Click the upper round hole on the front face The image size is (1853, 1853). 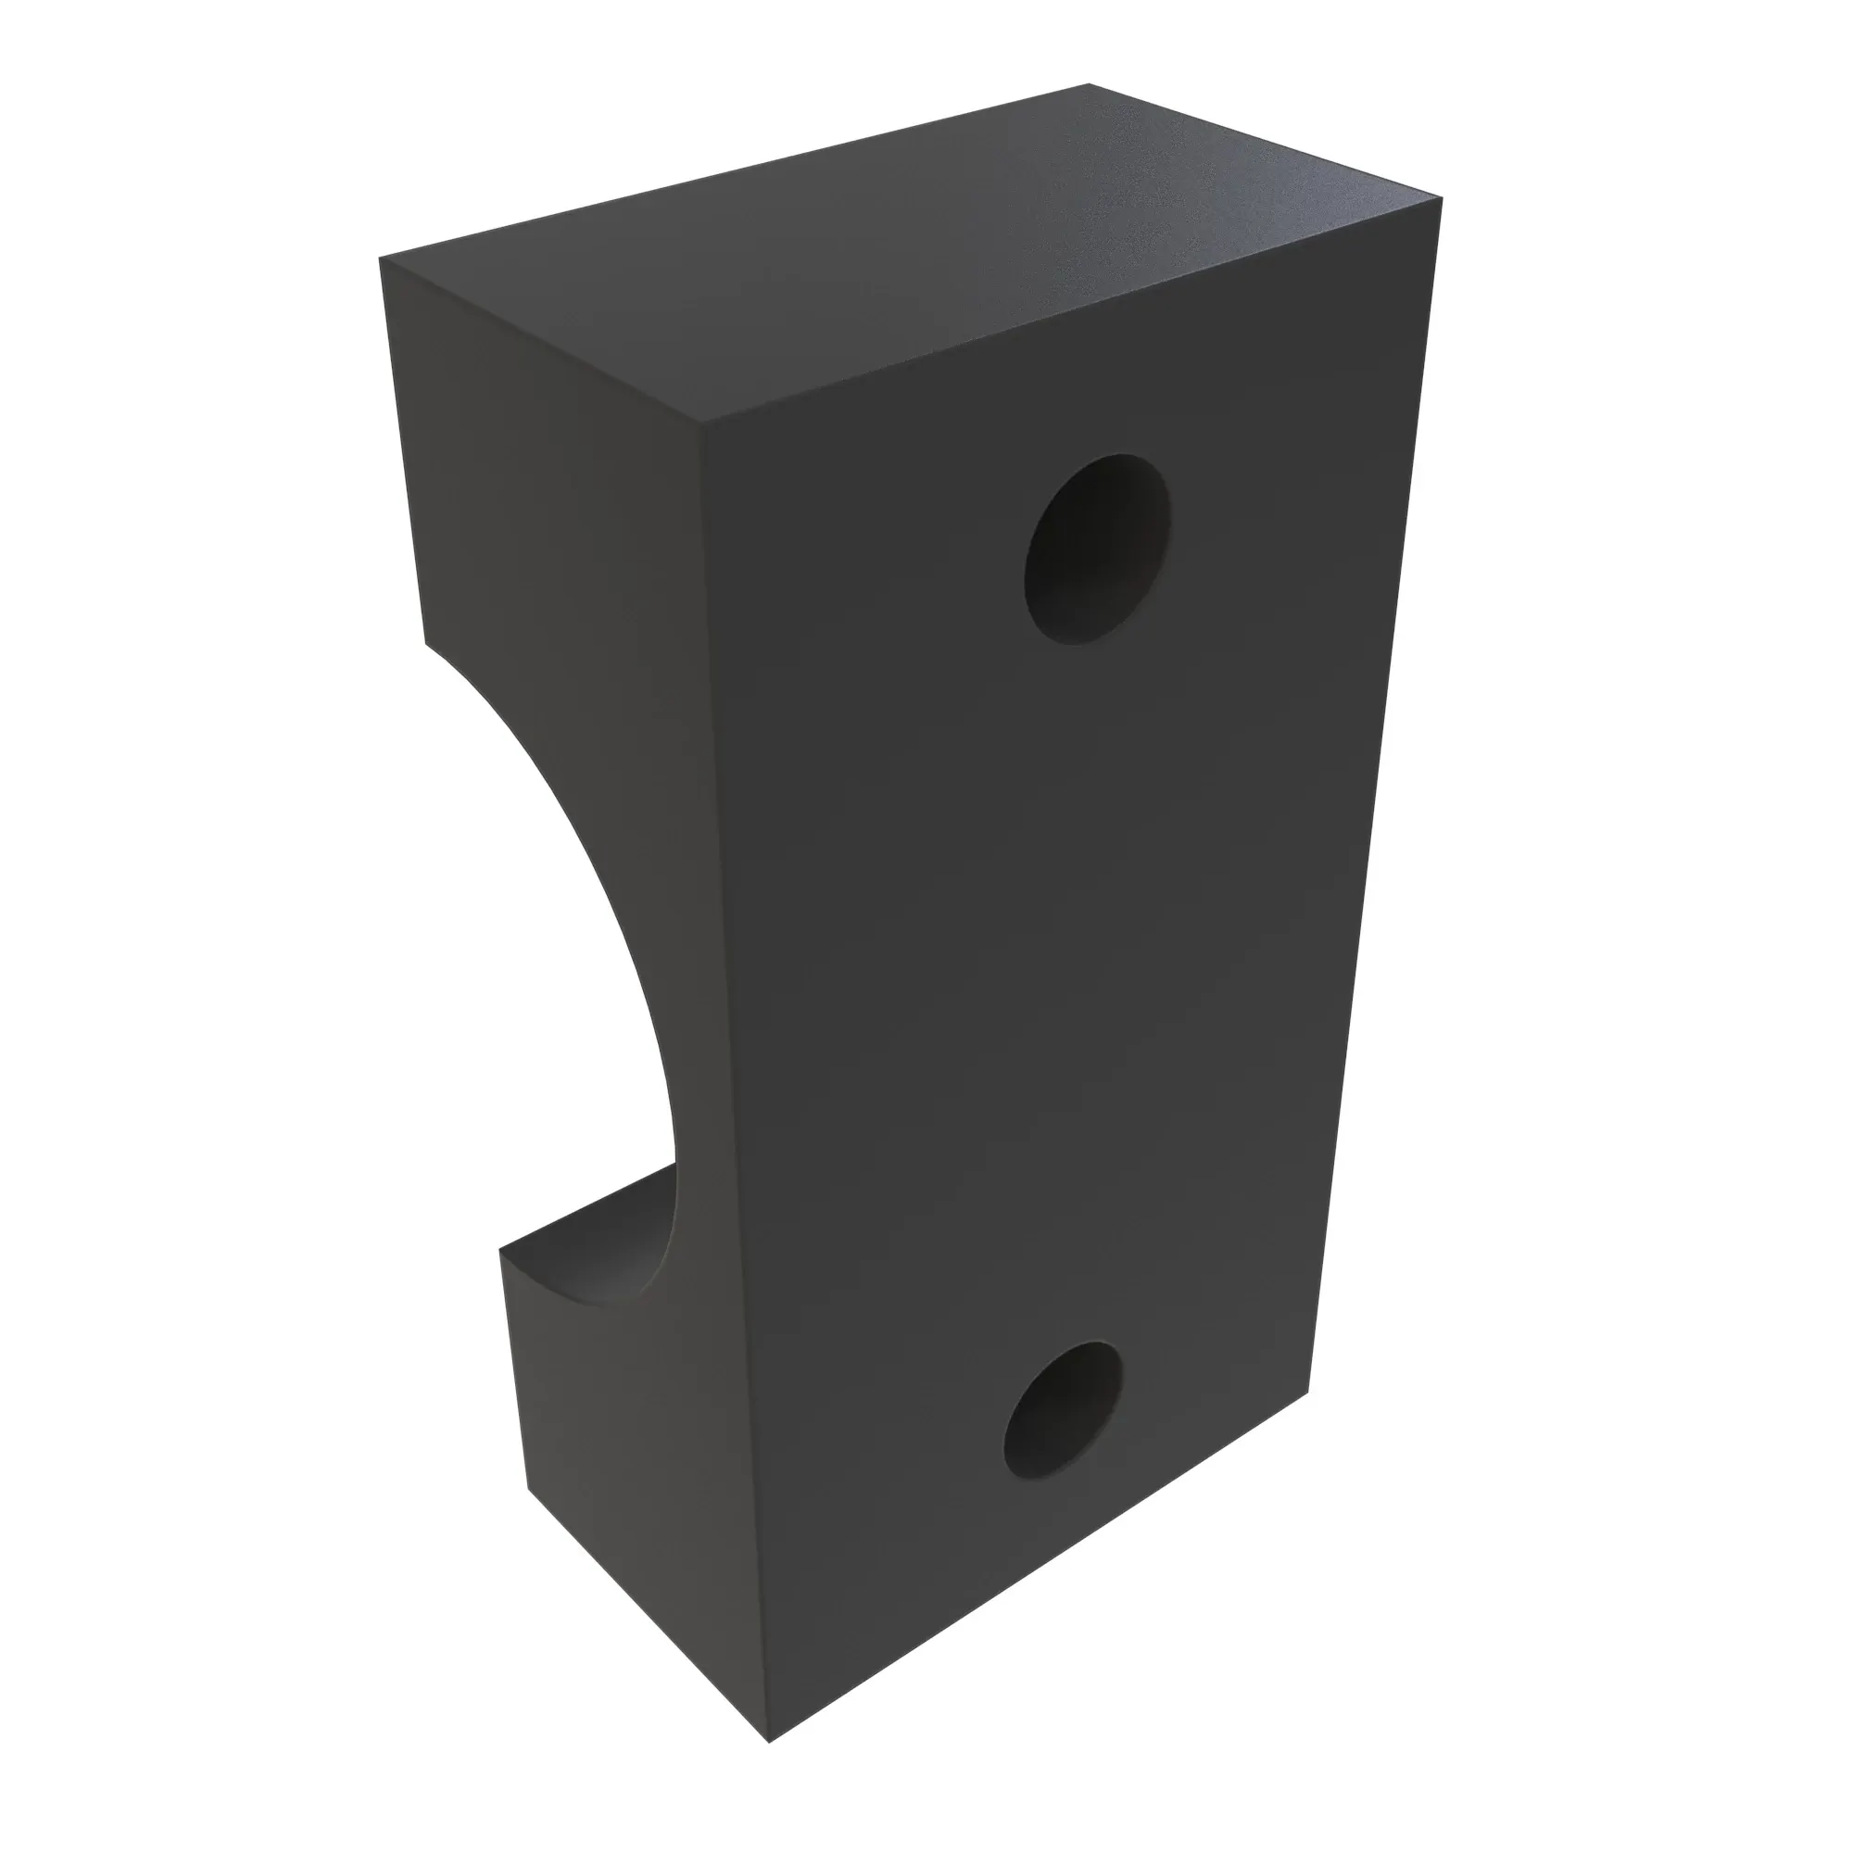click(x=1096, y=548)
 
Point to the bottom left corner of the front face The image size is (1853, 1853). click(x=770, y=1796)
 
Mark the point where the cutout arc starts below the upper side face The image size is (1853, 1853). click(x=426, y=643)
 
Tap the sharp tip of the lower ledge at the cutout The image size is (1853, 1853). click(x=500, y=1249)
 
